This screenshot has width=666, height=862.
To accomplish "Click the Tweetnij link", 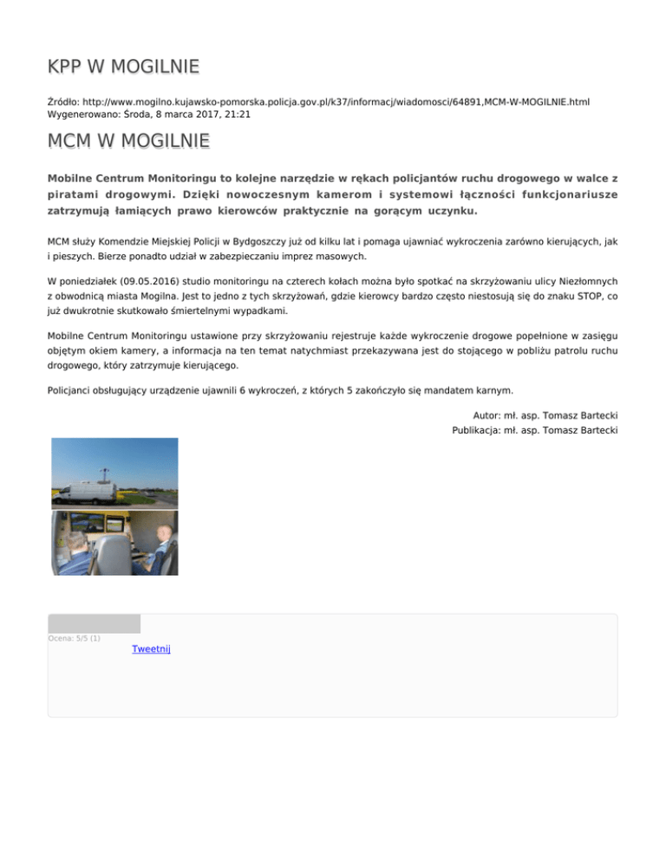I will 151,649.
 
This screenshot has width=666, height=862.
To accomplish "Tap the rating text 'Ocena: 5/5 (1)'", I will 75,639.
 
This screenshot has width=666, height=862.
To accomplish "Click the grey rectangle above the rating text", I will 94,624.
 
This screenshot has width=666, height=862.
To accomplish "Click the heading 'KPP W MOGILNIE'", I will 124,66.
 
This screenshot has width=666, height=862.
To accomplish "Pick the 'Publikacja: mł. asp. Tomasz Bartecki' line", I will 534,430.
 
